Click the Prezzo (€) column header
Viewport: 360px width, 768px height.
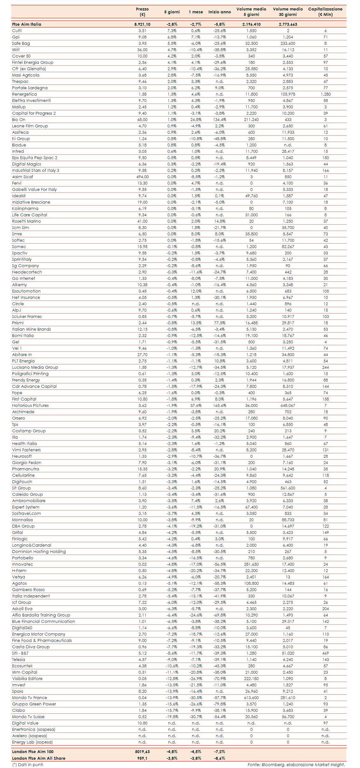[x=142, y=12]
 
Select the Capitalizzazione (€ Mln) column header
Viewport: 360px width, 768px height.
[x=325, y=12]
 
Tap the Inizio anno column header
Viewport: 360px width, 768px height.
[x=220, y=12]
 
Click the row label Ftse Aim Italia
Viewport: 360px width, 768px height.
[x=27, y=24]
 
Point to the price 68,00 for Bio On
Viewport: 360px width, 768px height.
[x=142, y=120]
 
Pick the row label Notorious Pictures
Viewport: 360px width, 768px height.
[x=31, y=406]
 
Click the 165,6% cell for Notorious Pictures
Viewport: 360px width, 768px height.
[x=220, y=406]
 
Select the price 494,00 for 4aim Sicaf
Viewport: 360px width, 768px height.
[x=142, y=177]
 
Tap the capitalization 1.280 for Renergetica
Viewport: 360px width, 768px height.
[x=325, y=94]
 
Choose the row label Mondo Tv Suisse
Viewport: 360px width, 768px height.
[x=28, y=717]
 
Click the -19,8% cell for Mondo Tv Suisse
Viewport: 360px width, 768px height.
[x=172, y=717]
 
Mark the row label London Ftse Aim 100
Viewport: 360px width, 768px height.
[x=33, y=752]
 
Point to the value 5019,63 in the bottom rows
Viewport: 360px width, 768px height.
[x=142, y=752]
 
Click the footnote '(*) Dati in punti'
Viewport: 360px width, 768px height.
[x=28, y=765]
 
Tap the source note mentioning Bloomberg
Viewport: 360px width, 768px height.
[x=296, y=765]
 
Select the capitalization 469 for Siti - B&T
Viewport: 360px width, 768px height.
[x=325, y=653]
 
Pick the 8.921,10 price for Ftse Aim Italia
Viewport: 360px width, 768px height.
[x=142, y=24]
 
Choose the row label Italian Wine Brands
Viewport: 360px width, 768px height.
[x=31, y=329]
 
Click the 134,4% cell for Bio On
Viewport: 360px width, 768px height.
[x=220, y=120]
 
